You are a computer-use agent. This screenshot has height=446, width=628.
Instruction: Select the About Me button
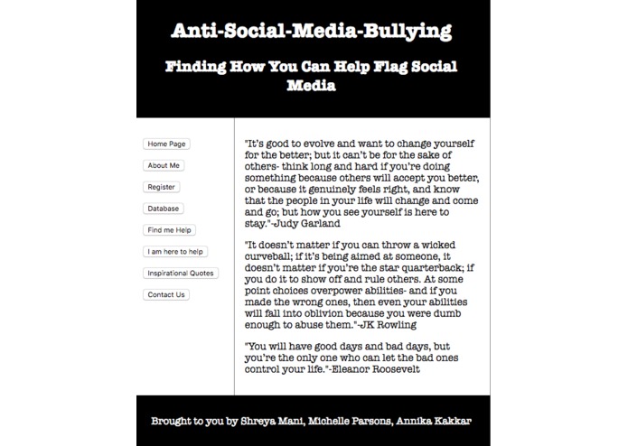164,165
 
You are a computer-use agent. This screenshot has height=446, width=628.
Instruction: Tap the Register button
161,187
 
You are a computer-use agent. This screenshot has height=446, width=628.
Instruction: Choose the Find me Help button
170,230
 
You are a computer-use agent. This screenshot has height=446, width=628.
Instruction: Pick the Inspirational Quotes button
180,273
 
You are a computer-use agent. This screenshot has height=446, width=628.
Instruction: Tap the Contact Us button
165,294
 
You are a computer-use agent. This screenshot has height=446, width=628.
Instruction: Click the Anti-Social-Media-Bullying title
312,33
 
